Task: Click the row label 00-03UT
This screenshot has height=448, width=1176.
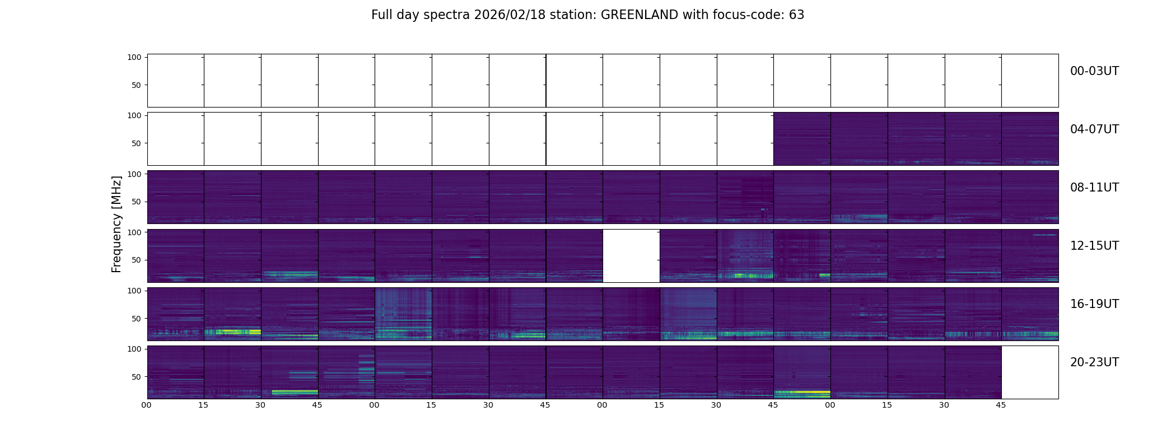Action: coord(1094,71)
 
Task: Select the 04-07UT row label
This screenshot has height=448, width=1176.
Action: coord(1094,129)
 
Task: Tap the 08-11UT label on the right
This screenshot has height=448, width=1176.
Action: coord(1094,188)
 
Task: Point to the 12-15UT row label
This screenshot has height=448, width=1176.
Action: coord(1094,246)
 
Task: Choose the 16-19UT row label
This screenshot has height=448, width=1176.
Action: coord(1094,304)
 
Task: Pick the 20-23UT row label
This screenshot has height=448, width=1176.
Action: coord(1094,362)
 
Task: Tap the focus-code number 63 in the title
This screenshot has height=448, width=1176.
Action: coord(796,15)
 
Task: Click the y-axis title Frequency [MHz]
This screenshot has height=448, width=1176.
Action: coord(116,224)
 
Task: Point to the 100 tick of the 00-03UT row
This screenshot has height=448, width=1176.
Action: coord(134,57)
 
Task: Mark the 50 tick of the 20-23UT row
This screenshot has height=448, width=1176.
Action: coord(136,377)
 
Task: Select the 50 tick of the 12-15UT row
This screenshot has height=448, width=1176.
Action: coord(136,260)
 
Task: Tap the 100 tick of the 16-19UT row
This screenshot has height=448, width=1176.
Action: coord(134,291)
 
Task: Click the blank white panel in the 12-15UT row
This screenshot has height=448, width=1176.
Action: coord(631,255)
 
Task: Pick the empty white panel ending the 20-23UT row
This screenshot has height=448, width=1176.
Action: coord(1029,372)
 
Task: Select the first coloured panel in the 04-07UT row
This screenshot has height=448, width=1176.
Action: coord(802,139)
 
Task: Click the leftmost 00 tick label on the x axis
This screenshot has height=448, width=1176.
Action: coord(147,405)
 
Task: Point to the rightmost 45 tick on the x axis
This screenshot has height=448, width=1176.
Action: coord(1001,405)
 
